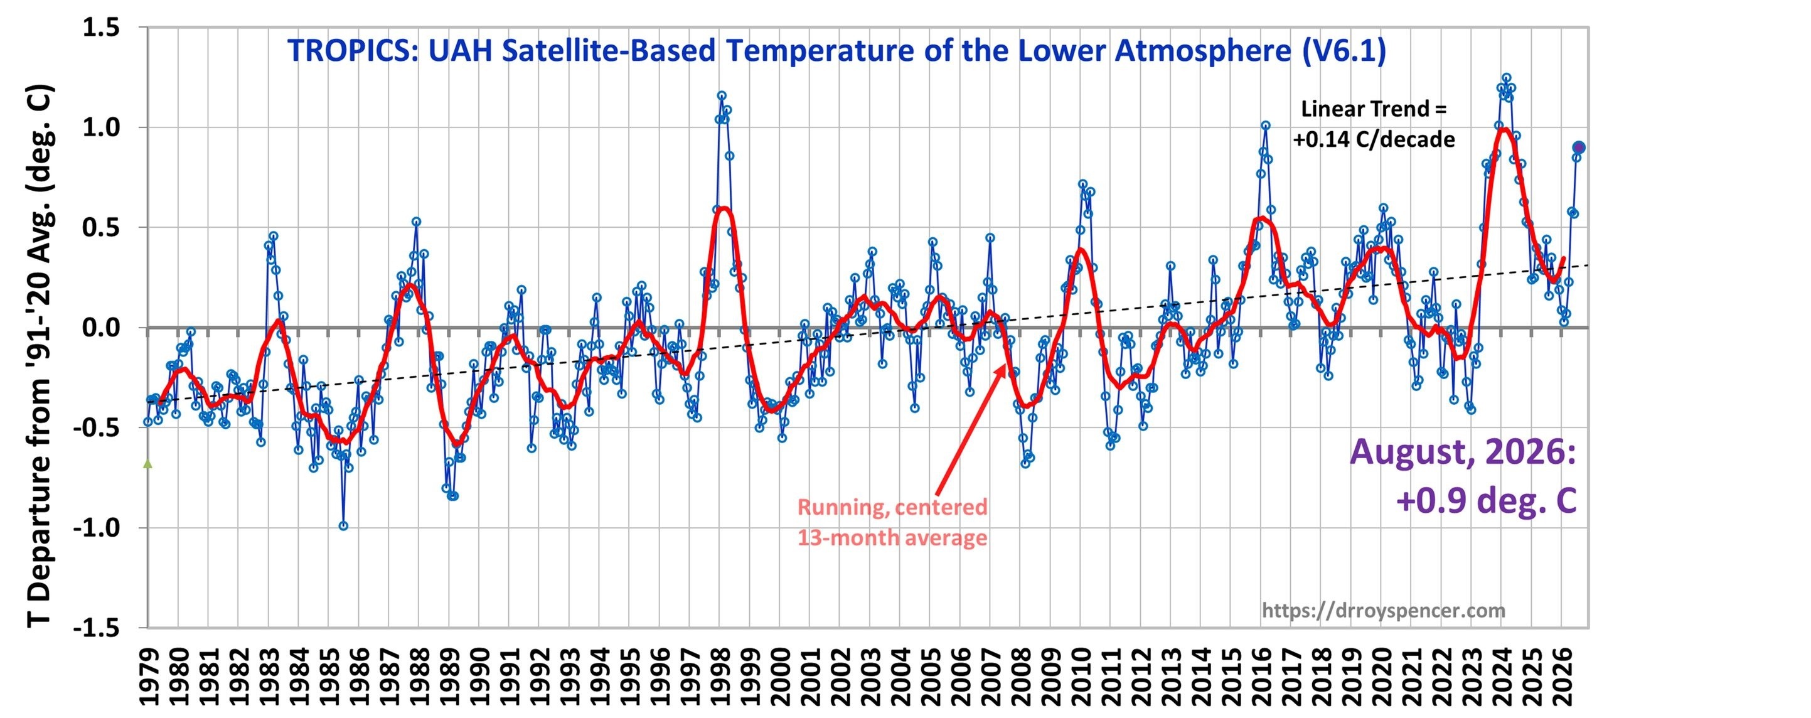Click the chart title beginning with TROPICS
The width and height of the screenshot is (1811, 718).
pyautogui.click(x=836, y=51)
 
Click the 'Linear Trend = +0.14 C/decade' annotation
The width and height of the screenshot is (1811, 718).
pyautogui.click(x=1374, y=124)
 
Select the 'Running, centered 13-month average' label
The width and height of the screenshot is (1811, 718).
pyautogui.click(x=892, y=523)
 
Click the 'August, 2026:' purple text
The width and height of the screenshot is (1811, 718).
pyautogui.click(x=1462, y=452)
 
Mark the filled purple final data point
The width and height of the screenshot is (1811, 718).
pyautogui.click(x=1578, y=147)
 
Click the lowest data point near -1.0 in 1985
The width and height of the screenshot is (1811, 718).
pyautogui.click(x=343, y=526)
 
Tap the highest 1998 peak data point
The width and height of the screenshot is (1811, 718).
pyautogui.click(x=721, y=95)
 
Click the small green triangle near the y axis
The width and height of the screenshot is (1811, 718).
pyautogui.click(x=147, y=463)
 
